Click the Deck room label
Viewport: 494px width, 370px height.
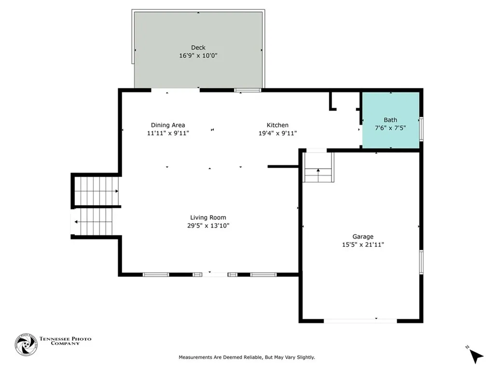198,47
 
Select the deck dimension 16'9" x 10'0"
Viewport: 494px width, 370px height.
198,55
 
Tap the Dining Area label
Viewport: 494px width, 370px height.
168,125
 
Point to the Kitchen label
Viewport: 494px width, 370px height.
278,125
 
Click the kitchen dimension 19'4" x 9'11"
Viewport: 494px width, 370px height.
278,133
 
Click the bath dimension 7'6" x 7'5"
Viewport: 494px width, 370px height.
390,128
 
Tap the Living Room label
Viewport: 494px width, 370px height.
208,217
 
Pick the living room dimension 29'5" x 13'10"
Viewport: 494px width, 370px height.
208,225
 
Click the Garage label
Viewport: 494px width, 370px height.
363,237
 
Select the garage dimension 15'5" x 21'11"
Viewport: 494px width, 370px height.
363,245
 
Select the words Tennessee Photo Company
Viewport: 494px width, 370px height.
65,341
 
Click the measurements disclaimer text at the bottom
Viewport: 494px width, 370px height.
247,357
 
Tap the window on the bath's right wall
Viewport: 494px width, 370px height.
421,129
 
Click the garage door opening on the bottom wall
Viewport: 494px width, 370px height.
360,320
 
